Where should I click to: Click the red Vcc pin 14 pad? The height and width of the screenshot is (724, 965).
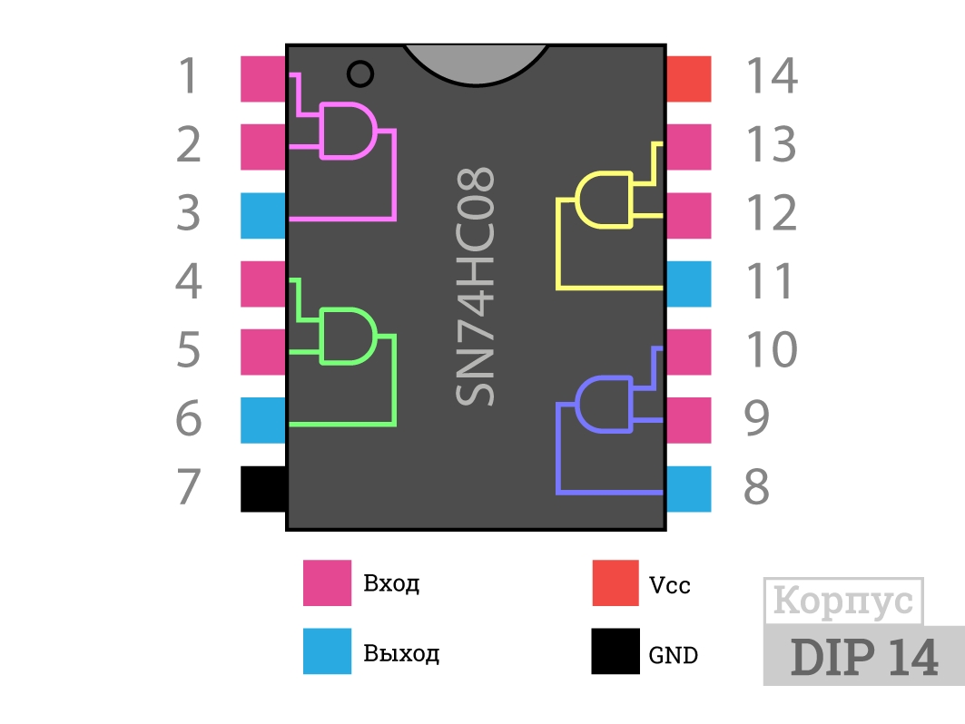(689, 79)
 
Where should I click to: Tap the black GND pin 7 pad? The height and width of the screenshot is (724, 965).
(263, 489)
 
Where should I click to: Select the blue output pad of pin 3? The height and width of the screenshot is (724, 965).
(263, 216)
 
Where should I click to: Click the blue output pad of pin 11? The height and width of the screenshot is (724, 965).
(689, 284)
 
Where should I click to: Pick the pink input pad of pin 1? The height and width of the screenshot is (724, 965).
(263, 79)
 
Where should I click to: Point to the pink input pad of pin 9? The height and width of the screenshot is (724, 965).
(689, 421)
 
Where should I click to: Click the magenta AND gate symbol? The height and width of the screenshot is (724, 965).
(348, 131)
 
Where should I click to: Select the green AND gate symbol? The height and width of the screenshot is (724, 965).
(348, 337)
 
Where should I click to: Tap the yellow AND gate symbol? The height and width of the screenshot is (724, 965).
(604, 200)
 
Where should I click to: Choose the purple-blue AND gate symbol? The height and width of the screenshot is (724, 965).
(604, 405)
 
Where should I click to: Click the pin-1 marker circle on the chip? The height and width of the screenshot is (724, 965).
(360, 73)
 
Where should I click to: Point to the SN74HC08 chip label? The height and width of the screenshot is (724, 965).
(475, 287)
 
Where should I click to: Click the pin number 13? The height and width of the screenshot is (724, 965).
(772, 144)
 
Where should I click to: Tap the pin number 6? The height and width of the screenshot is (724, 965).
(189, 418)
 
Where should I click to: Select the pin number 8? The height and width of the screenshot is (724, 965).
(757, 486)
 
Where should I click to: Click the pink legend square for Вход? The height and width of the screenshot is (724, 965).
(328, 582)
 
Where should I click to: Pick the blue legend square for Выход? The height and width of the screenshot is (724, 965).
(328, 651)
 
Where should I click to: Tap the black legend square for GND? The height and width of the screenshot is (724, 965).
(615, 651)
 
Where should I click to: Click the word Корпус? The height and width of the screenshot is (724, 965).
(843, 601)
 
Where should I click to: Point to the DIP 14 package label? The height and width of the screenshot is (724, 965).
(864, 657)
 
